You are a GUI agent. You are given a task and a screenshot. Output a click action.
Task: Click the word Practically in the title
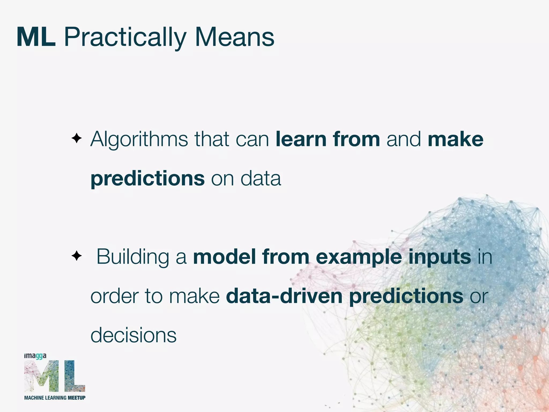coord(125,38)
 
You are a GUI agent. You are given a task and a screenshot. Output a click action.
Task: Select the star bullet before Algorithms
coord(77,139)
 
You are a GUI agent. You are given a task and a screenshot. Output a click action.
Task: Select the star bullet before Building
coord(77,256)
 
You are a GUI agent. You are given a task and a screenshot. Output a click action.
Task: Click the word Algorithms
coord(139,139)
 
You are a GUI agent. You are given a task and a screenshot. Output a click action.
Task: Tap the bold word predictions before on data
coord(148,179)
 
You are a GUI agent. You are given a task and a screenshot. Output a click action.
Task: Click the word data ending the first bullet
coord(261,178)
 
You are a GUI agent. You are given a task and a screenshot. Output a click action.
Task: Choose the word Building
coord(133,257)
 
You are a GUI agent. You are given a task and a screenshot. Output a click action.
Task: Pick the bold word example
coord(359,257)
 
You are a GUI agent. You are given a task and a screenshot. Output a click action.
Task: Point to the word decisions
coord(133,335)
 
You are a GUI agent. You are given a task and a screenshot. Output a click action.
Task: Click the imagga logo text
coord(35,356)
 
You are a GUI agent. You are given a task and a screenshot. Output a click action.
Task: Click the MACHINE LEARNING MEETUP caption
coord(55,398)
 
